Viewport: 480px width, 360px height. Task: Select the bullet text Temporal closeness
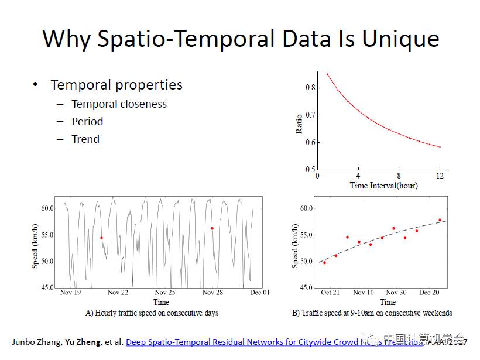(119, 104)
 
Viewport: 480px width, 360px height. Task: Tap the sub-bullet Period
(87, 122)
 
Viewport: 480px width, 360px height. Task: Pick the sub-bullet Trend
(85, 139)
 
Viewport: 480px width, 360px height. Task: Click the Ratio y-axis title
(299, 124)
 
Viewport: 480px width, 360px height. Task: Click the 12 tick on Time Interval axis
(440, 176)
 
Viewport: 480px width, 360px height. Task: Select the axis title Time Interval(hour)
(383, 186)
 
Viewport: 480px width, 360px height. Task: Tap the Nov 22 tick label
(118, 292)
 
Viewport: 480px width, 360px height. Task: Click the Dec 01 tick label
(259, 292)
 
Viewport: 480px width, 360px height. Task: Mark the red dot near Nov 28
(212, 228)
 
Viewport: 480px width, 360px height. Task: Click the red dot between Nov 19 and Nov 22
(101, 238)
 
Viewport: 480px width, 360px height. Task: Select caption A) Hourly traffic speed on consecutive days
(152, 313)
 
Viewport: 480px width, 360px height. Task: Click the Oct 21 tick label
(330, 292)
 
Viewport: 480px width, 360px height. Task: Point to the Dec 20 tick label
(429, 292)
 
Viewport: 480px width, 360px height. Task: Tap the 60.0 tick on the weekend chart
(306, 208)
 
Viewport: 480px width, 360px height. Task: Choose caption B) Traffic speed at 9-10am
(372, 313)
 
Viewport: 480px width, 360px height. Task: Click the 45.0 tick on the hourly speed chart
(47, 287)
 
